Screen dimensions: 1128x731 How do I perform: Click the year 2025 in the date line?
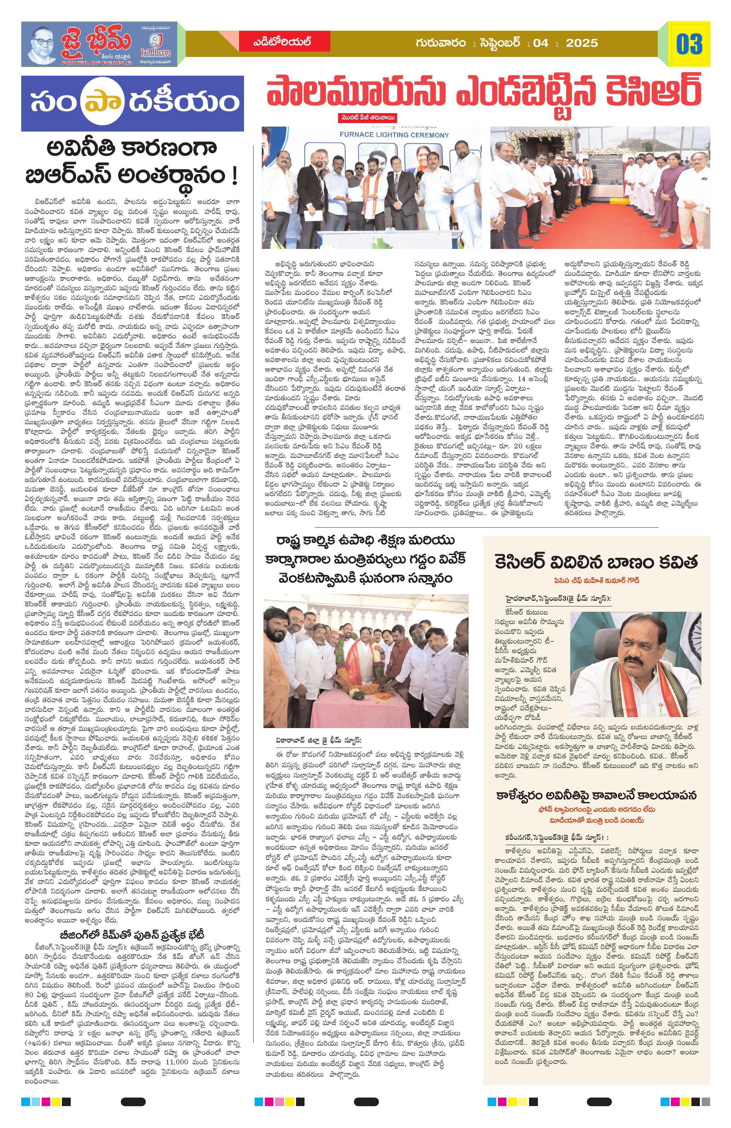tap(582, 43)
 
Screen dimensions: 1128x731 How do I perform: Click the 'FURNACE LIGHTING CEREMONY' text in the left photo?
tap(394, 135)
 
